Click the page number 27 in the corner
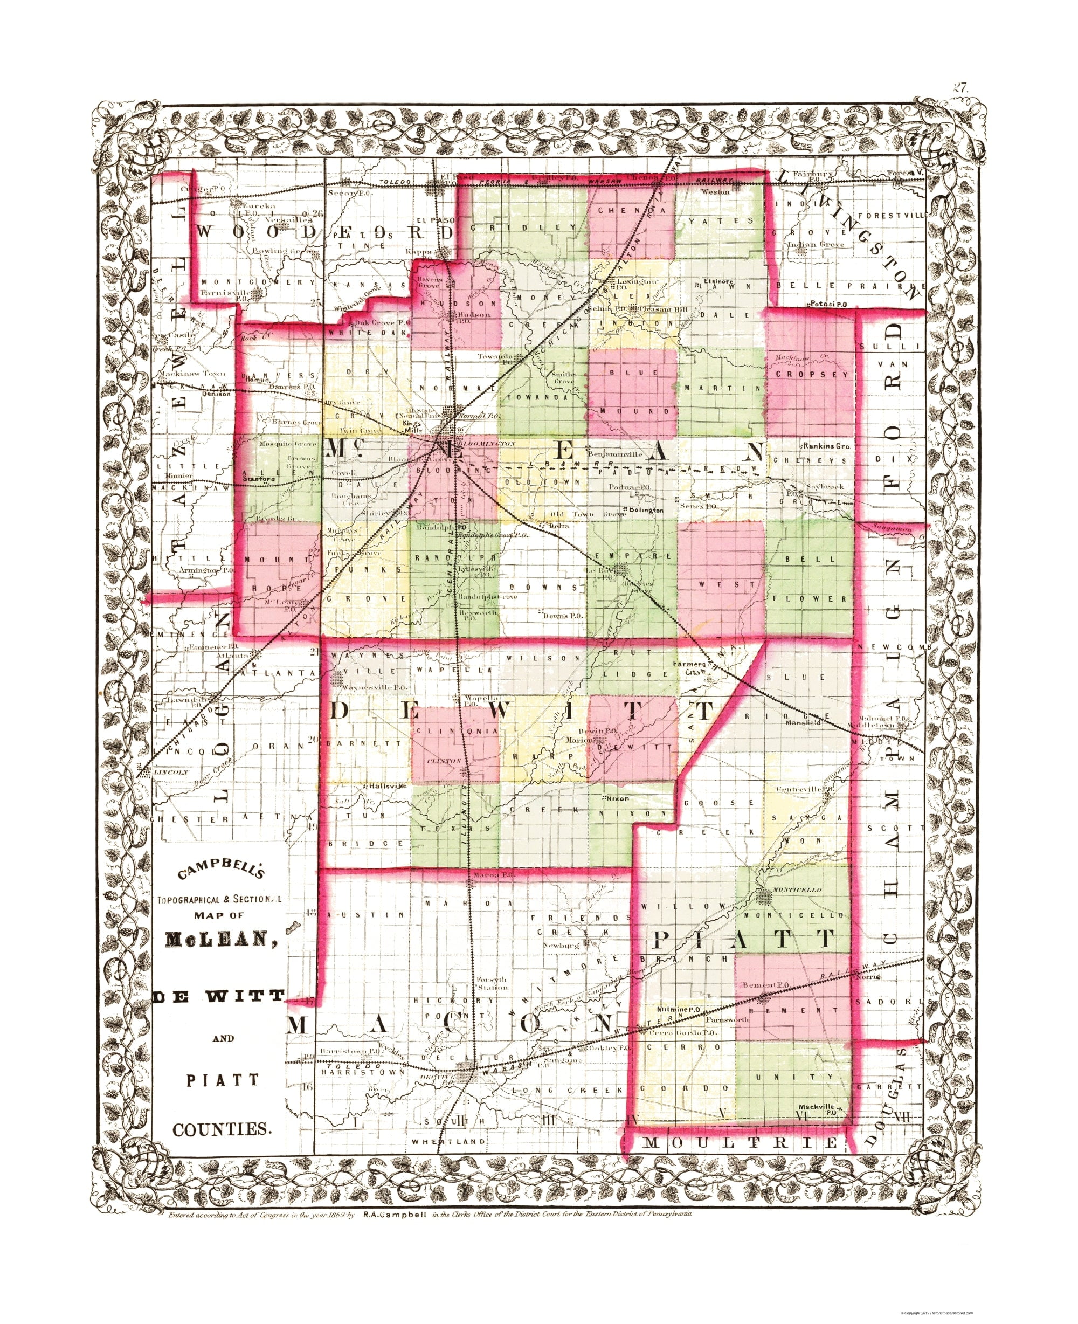pos(960,87)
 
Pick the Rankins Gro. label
pos(826,446)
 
